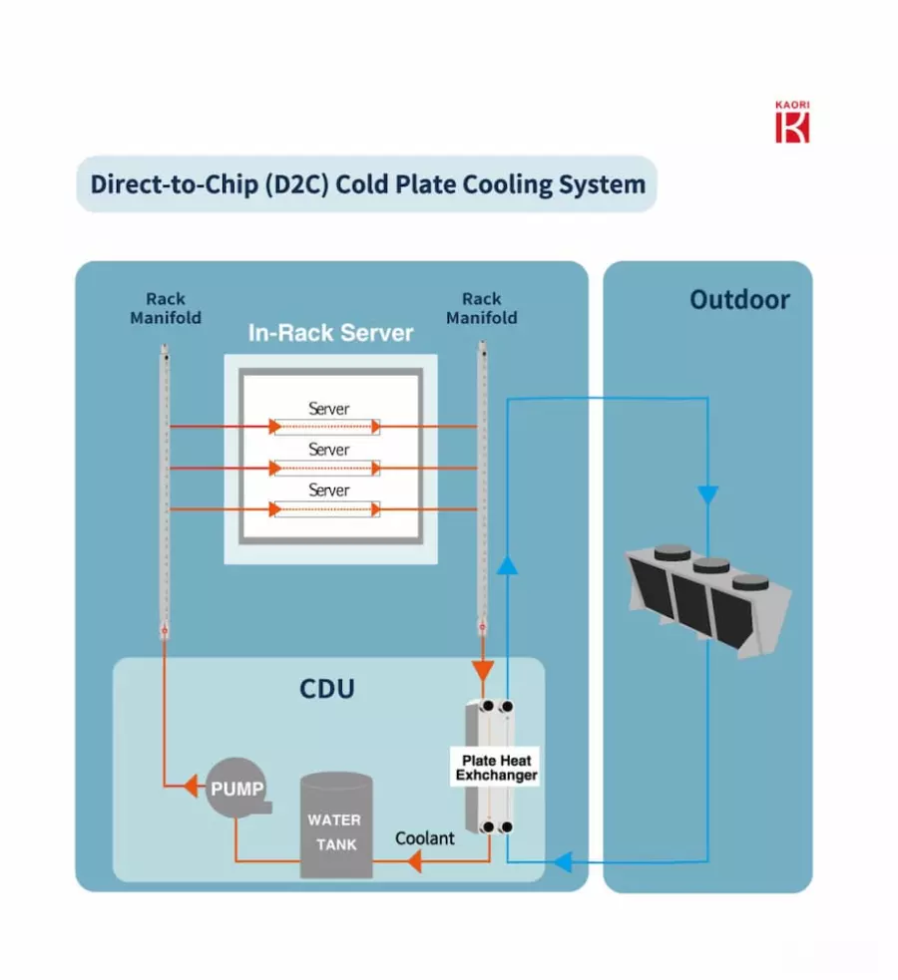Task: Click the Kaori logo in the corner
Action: [792, 122]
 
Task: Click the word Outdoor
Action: [739, 300]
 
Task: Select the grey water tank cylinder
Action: [336, 825]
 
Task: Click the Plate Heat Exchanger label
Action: [497, 768]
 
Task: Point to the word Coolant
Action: [425, 838]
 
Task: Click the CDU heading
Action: [327, 689]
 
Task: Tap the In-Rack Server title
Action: [331, 333]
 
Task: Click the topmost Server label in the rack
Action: [329, 409]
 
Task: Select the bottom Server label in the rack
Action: [329, 490]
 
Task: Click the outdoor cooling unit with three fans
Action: [708, 599]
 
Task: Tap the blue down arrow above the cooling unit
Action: [707, 494]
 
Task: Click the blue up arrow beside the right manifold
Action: [507, 565]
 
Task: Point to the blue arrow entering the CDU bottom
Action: [563, 862]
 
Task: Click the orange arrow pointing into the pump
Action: [191, 786]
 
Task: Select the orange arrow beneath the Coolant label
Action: [414, 862]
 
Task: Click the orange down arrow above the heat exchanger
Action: [482, 671]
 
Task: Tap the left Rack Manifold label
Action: [166, 308]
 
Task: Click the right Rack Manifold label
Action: [482, 308]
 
